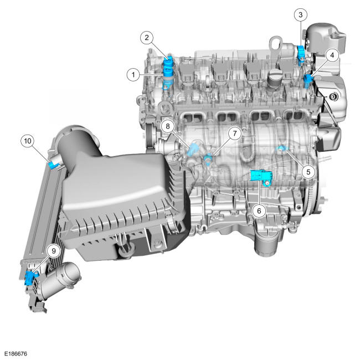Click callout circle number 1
(133, 75)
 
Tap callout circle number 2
(147, 38)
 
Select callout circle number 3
(301, 15)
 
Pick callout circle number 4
(332, 55)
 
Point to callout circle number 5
(308, 172)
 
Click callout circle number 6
(259, 210)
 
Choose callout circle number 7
(234, 133)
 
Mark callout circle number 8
(168, 126)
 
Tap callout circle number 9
(54, 251)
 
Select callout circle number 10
(28, 141)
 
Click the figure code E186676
(16, 353)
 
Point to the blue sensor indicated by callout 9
(30, 278)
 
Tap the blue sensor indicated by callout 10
(53, 165)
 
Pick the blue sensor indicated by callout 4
(308, 81)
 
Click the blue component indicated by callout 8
(192, 150)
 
